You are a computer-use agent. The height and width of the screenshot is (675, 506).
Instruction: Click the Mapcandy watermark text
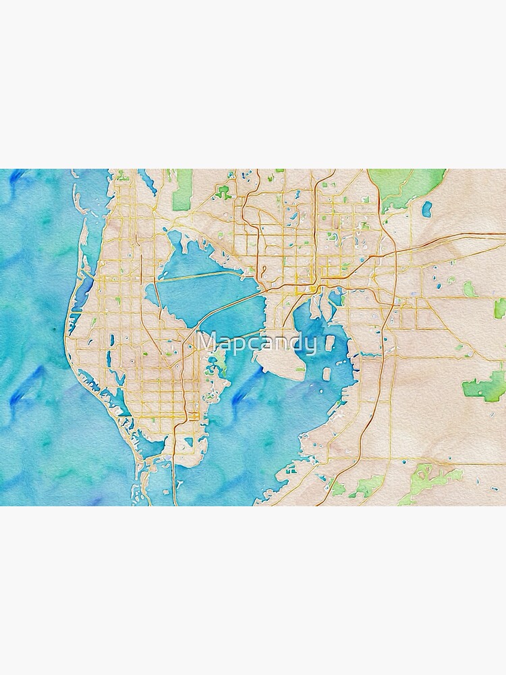pyautogui.click(x=257, y=343)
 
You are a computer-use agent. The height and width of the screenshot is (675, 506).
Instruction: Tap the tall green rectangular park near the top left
pyautogui.click(x=182, y=190)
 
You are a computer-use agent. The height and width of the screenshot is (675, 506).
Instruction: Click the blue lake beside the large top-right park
pyautogui.click(x=426, y=209)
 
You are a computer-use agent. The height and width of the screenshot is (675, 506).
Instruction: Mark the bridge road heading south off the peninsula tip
pyautogui.click(x=174, y=473)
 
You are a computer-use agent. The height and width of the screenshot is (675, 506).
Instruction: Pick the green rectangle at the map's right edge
pyautogui.click(x=500, y=308)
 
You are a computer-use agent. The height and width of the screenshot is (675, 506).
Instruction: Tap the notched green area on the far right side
pyautogui.click(x=486, y=386)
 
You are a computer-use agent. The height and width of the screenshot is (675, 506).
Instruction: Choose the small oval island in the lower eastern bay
pyautogui.click(x=327, y=373)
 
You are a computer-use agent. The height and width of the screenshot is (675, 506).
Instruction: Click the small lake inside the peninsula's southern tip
pyautogui.click(x=188, y=442)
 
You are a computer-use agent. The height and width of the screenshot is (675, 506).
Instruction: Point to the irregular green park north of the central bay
pyautogui.click(x=223, y=192)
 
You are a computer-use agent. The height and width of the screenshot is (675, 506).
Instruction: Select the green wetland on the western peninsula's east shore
pyautogui.click(x=220, y=364)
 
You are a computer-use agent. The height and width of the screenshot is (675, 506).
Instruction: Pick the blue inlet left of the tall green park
pyautogui.click(x=148, y=182)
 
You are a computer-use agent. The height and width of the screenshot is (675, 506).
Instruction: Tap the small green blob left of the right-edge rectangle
pyautogui.click(x=469, y=289)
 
